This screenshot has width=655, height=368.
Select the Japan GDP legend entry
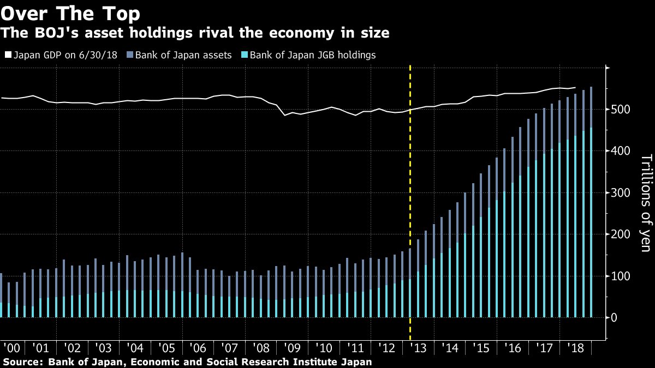tap(63, 55)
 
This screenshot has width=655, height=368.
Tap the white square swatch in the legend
tap(8, 55)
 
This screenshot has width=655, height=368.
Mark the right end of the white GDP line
tap(575, 88)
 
